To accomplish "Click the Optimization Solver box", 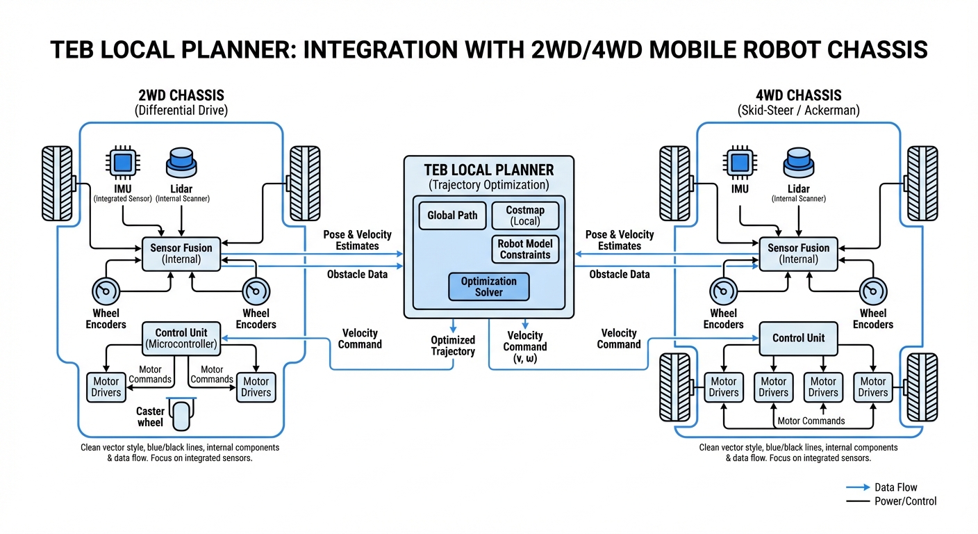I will pos(488,286).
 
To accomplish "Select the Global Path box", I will pos(452,216).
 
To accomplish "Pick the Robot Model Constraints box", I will pos(524,249).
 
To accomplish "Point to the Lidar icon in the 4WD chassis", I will pos(798,163).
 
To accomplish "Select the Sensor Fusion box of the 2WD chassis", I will pos(181,254).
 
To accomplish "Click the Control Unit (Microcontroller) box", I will pos(181,338).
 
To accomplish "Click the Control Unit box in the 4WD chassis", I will pos(798,338).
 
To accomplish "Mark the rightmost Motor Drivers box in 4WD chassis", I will pos(872,387).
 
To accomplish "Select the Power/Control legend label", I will pos(905,501).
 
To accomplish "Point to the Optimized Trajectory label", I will pos(453,346).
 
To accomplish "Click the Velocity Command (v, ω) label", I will pos(524,347).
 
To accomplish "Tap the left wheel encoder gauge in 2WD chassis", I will pos(106,291).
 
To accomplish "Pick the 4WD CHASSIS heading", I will pos(798,95).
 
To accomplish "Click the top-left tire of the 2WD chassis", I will pos(57,182).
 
